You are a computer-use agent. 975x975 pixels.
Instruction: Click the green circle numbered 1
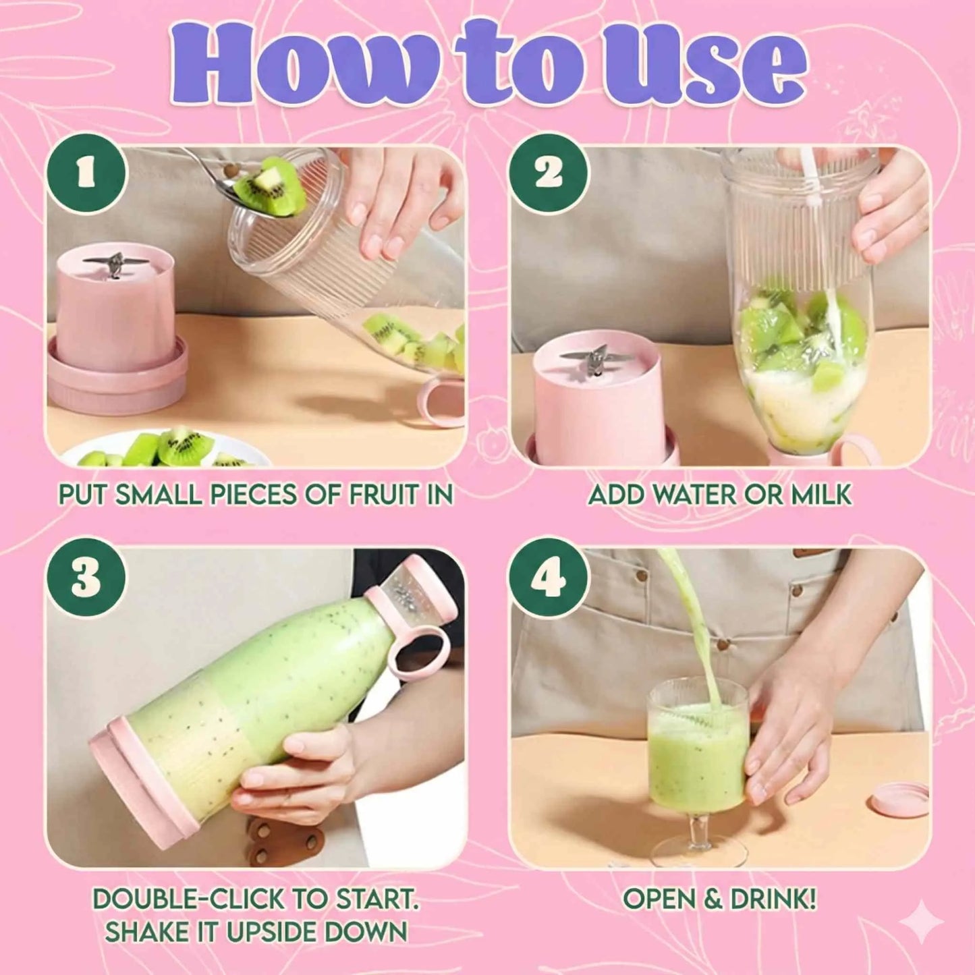86,174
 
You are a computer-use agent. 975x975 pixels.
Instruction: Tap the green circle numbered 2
549,174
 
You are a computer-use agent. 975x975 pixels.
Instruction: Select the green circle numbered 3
86,578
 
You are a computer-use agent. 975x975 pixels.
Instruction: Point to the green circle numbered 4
549,578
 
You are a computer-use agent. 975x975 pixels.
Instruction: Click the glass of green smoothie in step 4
698,749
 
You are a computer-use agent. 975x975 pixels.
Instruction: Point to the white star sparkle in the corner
922,922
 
